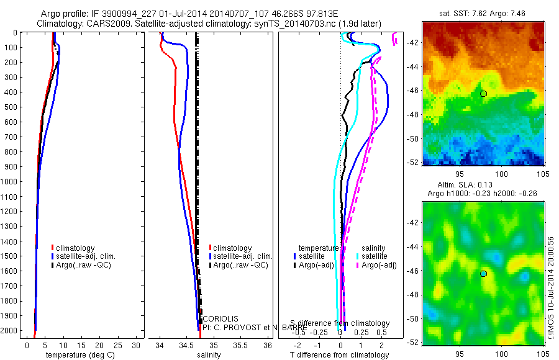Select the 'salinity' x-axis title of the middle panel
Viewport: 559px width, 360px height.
coord(209,355)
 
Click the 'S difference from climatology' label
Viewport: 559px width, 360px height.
coord(340,323)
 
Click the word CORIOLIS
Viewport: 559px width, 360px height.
coord(220,318)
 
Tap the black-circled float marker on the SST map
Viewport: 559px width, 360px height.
coord(483,93)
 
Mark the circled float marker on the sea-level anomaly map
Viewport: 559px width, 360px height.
coord(483,273)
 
